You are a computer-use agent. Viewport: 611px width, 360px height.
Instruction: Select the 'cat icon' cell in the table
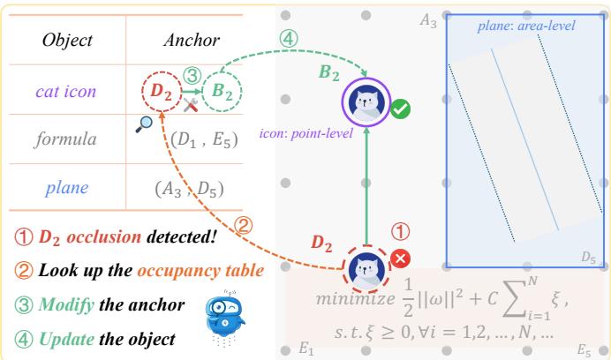point(64,90)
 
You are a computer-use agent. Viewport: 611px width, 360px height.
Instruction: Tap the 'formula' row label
point(64,138)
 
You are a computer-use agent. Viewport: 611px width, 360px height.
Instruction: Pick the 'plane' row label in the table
point(64,186)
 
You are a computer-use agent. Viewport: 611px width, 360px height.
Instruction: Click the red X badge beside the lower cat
point(398,259)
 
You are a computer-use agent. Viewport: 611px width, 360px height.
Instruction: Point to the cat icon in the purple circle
point(367,101)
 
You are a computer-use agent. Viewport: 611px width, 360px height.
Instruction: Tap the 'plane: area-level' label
point(525,26)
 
